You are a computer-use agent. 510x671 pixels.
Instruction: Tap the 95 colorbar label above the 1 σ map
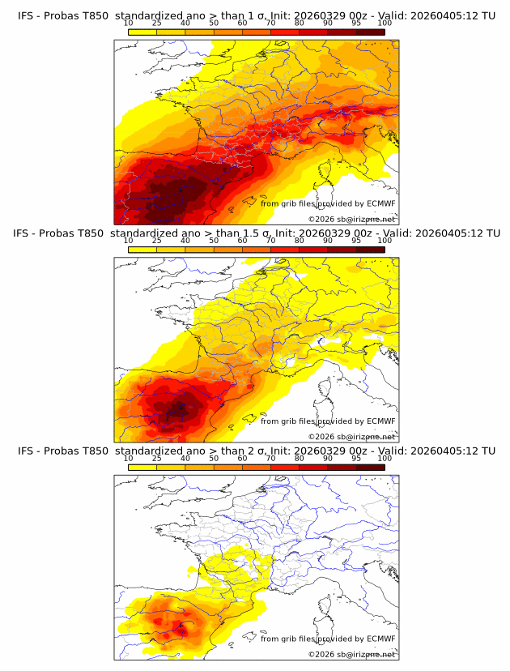coord(356,24)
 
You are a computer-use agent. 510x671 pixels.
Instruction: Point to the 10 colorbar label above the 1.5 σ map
coord(128,241)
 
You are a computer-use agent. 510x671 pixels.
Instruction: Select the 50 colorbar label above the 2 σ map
coord(214,459)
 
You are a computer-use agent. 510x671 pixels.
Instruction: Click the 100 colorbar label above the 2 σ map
coord(385,459)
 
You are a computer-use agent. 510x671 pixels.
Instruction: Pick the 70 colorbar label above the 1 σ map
coord(270,24)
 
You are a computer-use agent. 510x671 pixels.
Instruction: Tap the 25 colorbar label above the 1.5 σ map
coord(156,241)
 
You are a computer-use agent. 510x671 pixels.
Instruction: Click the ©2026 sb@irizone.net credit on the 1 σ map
coord(351,220)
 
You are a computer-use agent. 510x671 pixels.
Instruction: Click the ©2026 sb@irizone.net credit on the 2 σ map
coord(351,654)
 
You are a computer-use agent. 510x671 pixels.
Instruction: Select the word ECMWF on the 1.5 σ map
coord(381,421)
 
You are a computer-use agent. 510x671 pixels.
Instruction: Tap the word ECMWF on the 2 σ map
coord(381,639)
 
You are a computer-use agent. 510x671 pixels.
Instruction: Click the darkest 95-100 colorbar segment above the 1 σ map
coord(370,32)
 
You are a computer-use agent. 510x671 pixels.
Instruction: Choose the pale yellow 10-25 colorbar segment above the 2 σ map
coord(142,467)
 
